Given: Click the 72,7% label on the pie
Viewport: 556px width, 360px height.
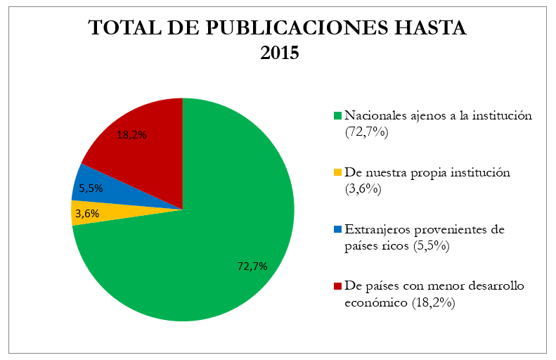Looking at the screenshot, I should click(x=252, y=266).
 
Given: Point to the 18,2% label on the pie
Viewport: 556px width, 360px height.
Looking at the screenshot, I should click(x=131, y=135).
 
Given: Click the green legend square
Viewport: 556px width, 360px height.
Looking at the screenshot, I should click(x=337, y=115).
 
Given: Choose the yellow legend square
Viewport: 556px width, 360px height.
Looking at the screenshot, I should click(x=337, y=172).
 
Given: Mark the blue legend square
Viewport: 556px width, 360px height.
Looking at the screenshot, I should click(x=337, y=230).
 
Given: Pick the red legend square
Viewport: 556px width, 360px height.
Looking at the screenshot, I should click(x=337, y=286).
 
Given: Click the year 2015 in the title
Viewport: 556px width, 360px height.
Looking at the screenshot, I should click(x=278, y=53).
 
